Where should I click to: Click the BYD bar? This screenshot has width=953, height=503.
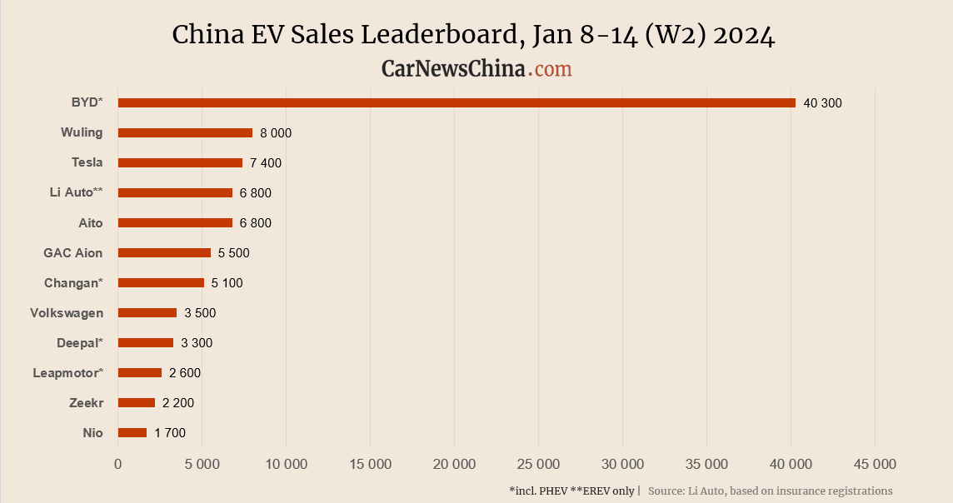pyautogui.click(x=457, y=102)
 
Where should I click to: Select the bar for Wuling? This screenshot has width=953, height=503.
pyautogui.click(x=185, y=132)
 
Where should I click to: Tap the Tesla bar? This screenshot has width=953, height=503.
pyautogui.click(x=180, y=162)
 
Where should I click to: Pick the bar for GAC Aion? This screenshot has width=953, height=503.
pyautogui.click(x=164, y=252)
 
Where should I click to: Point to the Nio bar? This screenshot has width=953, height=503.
pyautogui.click(x=132, y=432)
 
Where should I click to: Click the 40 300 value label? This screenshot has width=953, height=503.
pyautogui.click(x=822, y=103)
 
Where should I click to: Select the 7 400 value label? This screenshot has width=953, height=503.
pyautogui.click(x=266, y=163)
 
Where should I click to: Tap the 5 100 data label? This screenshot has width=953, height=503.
pyautogui.click(x=227, y=283)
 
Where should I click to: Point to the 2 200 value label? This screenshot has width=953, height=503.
pyautogui.click(x=178, y=403)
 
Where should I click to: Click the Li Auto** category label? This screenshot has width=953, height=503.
pyautogui.click(x=76, y=192)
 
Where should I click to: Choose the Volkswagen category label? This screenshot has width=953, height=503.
pyautogui.click(x=67, y=313)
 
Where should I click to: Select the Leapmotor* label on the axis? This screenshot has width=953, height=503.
pyautogui.click(x=68, y=373)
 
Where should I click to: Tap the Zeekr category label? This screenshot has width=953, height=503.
pyautogui.click(x=86, y=403)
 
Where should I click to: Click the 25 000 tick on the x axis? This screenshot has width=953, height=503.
pyautogui.click(x=538, y=464)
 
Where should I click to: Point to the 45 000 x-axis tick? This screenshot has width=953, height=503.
pyautogui.click(x=874, y=464)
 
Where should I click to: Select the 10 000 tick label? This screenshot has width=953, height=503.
pyautogui.click(x=286, y=464)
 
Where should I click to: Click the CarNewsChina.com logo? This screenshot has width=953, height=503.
pyautogui.click(x=476, y=68)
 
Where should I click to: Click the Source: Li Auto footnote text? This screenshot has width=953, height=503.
pyautogui.click(x=770, y=491)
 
